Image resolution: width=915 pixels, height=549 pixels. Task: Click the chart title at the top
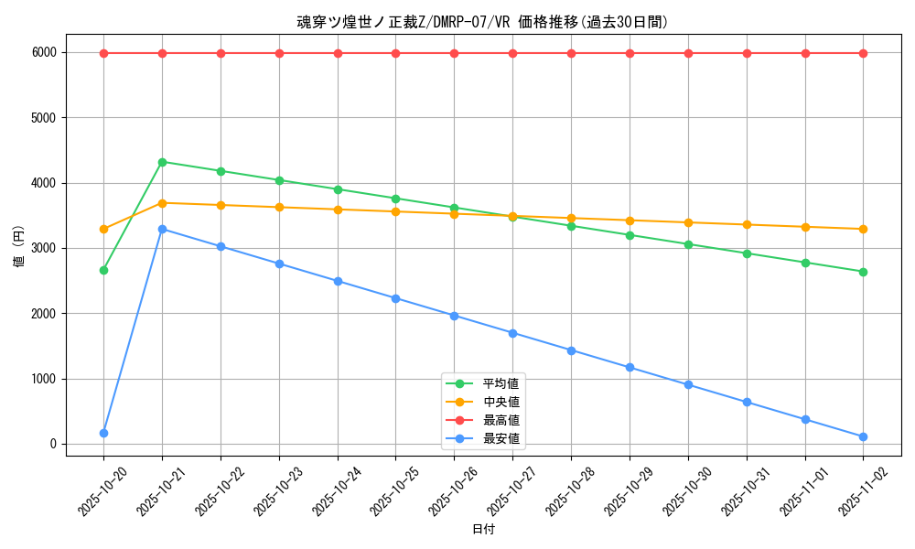[482, 22]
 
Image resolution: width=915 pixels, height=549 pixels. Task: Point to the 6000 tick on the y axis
[42, 53]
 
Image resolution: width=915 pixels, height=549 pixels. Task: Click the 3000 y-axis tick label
[42, 249]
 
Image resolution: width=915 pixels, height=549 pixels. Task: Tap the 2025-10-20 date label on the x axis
[98, 490]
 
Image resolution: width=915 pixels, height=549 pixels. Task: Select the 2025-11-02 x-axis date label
[857, 490]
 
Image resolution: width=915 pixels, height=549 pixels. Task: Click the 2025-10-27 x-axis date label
[507, 490]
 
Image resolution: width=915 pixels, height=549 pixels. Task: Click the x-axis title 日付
[483, 530]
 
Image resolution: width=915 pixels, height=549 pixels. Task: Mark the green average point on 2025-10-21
[162, 162]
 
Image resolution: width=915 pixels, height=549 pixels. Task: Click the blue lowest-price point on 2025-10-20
[103, 433]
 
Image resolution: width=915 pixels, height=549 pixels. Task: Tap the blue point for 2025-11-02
[863, 436]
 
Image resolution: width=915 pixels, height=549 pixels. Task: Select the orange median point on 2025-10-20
[103, 229]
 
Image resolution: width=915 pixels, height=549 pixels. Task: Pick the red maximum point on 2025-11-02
[863, 53]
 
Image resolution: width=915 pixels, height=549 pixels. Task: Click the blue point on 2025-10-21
[162, 229]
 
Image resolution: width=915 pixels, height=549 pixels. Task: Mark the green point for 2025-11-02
[863, 272]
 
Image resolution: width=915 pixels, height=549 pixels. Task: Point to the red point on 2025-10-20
[103, 53]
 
